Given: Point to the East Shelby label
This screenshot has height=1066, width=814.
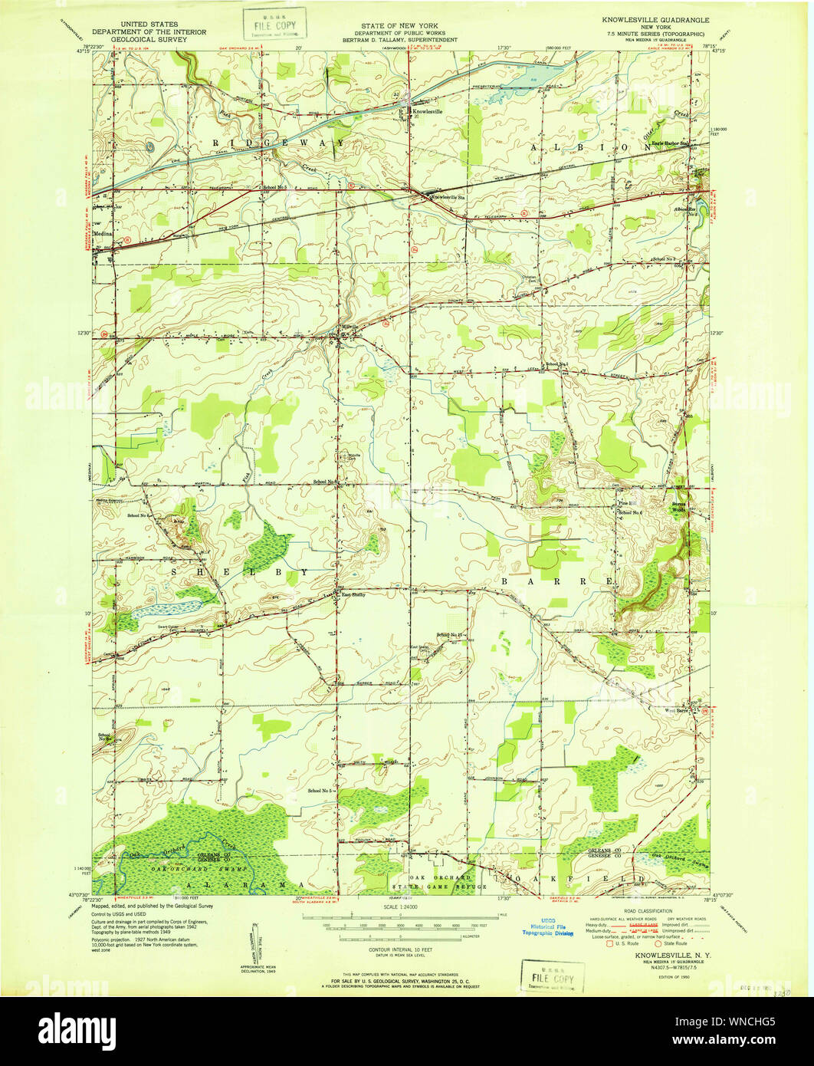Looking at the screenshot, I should [x=352, y=594].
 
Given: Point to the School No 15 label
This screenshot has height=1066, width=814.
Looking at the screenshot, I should [x=451, y=634].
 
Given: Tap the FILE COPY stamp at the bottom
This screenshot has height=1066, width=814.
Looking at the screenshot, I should [x=547, y=976].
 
